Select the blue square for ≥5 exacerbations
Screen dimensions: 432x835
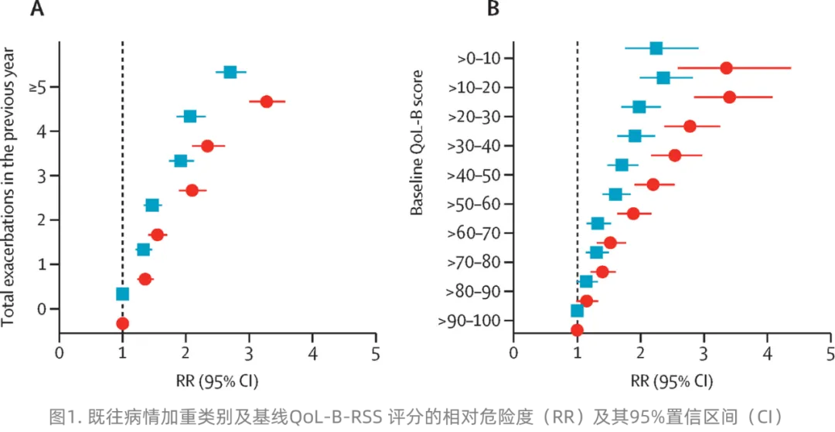point(230,72)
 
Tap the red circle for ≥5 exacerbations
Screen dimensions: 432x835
point(266,101)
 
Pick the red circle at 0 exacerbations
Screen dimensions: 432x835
point(122,323)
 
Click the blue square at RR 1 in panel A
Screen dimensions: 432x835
point(122,294)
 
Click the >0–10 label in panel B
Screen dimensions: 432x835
point(479,58)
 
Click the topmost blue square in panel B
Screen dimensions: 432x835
point(656,48)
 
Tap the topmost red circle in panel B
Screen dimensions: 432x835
point(726,68)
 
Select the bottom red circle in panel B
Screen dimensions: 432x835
point(577,330)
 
